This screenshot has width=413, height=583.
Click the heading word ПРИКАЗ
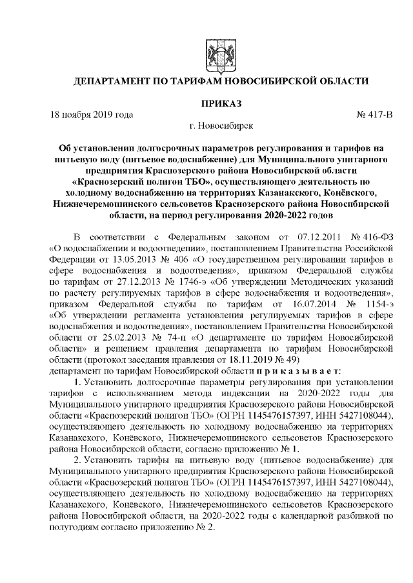221,103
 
